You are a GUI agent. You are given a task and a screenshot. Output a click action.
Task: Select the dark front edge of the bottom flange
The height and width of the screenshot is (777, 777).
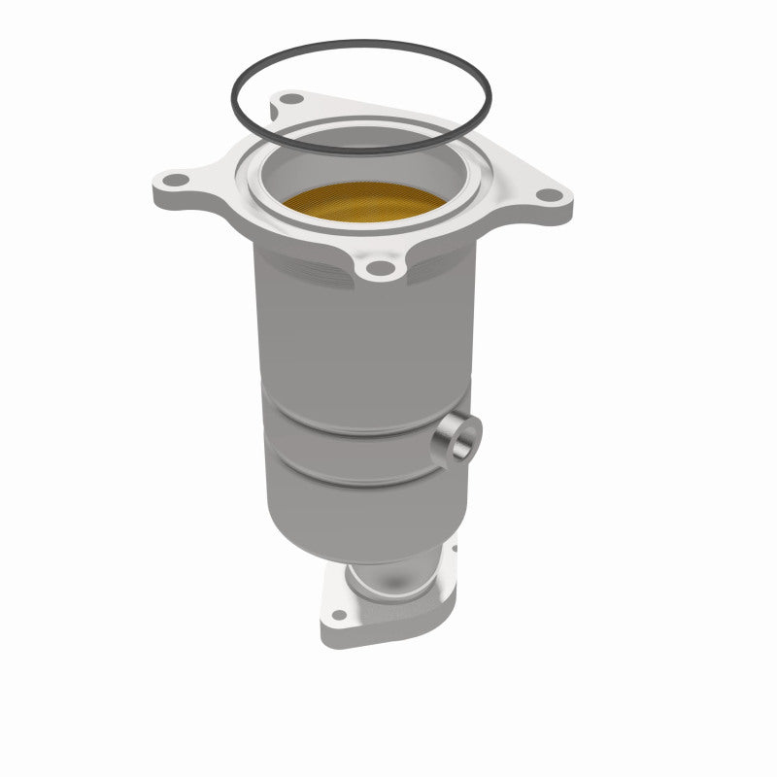[388, 636]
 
